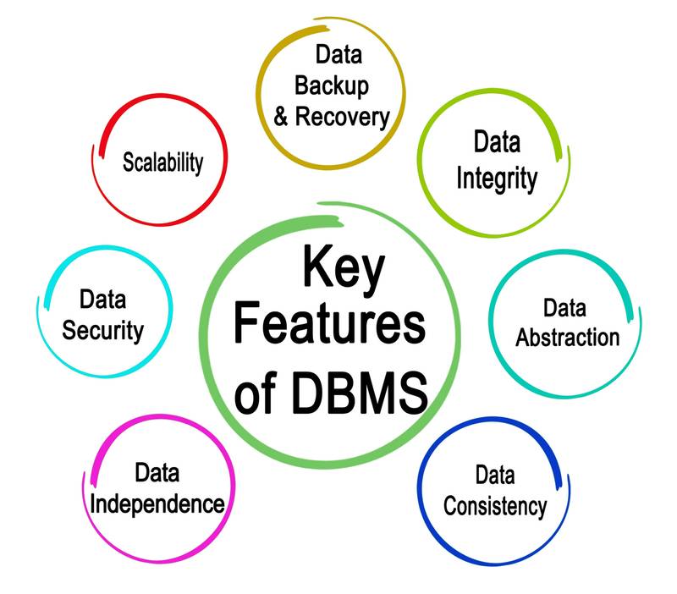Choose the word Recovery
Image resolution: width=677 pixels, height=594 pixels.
[x=342, y=116]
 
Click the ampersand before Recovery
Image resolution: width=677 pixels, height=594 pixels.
[x=281, y=116]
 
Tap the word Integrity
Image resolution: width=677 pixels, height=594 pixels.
[x=497, y=179]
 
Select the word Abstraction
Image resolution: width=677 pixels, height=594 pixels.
[x=568, y=337]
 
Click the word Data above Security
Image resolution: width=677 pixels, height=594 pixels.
[x=103, y=299]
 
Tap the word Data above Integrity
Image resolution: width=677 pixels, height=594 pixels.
[x=497, y=141]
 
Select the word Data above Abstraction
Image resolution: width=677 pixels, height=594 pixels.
[x=566, y=305]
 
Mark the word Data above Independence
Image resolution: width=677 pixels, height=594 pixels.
[x=157, y=471]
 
